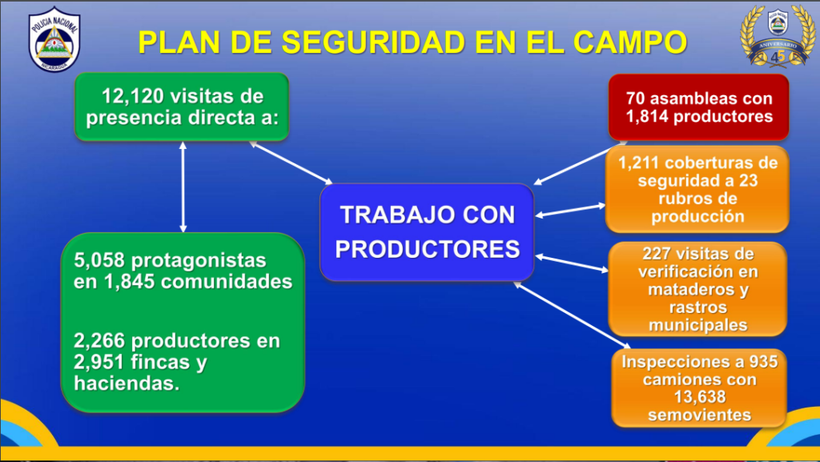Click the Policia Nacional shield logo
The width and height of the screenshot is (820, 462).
54,40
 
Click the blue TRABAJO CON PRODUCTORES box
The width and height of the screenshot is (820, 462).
427,232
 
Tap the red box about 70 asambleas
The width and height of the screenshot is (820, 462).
698,107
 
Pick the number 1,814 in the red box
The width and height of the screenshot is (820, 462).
647,116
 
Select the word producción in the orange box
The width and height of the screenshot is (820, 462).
697,216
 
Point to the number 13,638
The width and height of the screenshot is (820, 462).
700,397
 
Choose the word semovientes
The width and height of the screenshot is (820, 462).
700,415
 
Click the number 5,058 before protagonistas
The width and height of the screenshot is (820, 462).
99,259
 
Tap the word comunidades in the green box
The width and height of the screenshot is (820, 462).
227,282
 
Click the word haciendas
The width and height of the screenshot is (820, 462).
127,383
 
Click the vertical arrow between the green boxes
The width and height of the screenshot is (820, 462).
183,187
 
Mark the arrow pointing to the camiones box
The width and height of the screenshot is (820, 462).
572,315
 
